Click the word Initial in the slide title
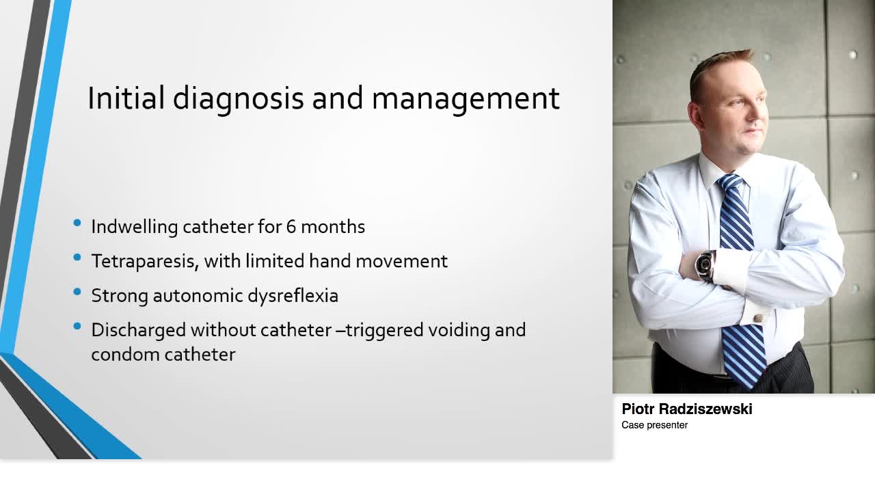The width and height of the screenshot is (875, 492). click(126, 98)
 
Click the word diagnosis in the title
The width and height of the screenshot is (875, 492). click(237, 99)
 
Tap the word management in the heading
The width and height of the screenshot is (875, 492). click(466, 99)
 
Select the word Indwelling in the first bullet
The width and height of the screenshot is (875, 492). click(134, 227)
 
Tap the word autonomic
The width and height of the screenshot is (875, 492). click(211, 295)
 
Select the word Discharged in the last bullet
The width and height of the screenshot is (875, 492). click(138, 330)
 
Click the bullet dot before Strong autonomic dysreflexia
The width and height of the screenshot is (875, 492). click(77, 292)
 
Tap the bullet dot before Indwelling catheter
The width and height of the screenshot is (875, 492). click(77, 223)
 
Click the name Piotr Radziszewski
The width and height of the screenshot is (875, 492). click(687, 409)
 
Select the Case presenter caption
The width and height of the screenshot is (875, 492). click(654, 425)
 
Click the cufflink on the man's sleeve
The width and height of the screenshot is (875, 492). click(759, 317)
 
